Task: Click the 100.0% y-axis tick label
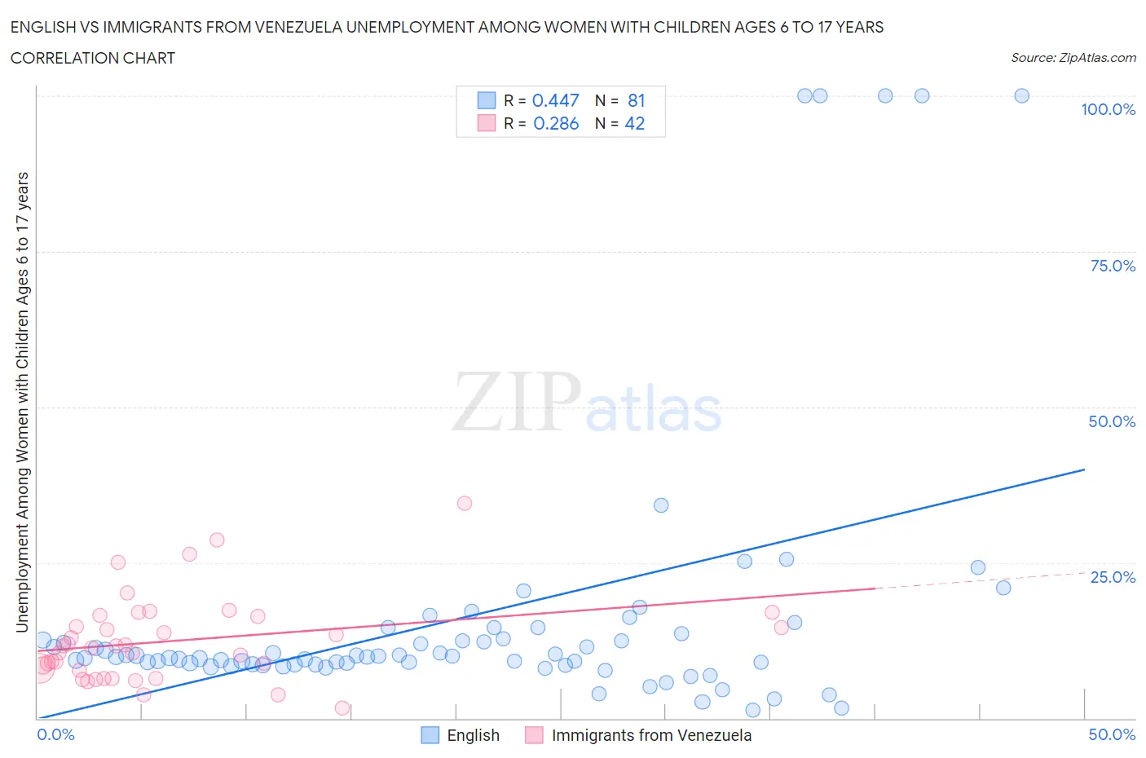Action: (x=1108, y=109)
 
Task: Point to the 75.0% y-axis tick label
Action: (x=1113, y=266)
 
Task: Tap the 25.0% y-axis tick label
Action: (x=1113, y=577)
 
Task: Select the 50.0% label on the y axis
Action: (x=1112, y=421)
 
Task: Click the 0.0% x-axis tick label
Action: (x=55, y=734)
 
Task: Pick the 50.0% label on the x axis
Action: (x=1112, y=734)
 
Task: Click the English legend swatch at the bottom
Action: (x=430, y=735)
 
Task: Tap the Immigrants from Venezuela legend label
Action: (x=651, y=735)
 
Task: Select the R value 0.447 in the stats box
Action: (x=555, y=100)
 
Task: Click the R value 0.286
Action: (x=556, y=123)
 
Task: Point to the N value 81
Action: (x=636, y=100)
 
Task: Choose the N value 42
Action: (x=634, y=123)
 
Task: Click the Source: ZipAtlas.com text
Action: (x=1073, y=58)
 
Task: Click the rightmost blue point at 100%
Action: (x=1021, y=95)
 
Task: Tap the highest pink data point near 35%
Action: (x=465, y=503)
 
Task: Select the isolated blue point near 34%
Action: (x=661, y=505)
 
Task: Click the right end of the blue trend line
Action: (x=1084, y=469)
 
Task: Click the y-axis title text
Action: (x=22, y=402)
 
